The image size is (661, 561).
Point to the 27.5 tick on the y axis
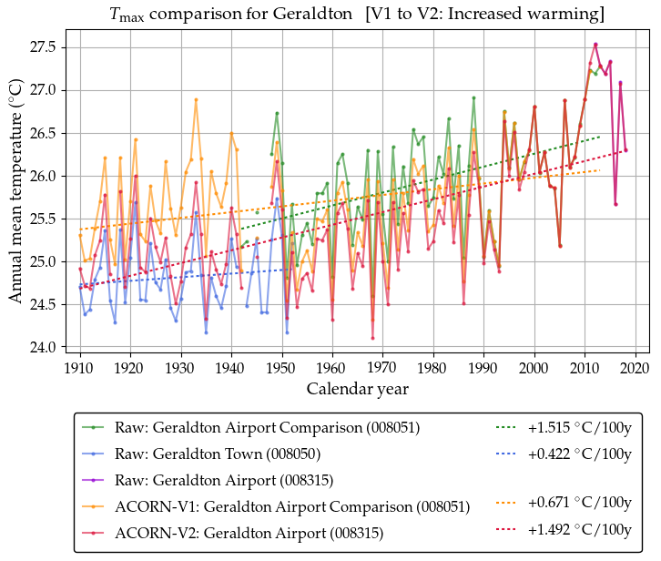click(69, 46)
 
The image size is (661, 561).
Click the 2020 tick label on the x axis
click(636, 369)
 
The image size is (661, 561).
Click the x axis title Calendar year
click(357, 389)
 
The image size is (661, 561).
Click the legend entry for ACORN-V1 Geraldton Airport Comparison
click(292, 506)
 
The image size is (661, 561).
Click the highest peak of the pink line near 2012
click(595, 44)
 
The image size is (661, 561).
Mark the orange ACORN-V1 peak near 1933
click(196, 99)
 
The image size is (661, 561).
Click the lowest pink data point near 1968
click(372, 338)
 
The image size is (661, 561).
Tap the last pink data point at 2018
click(625, 150)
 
